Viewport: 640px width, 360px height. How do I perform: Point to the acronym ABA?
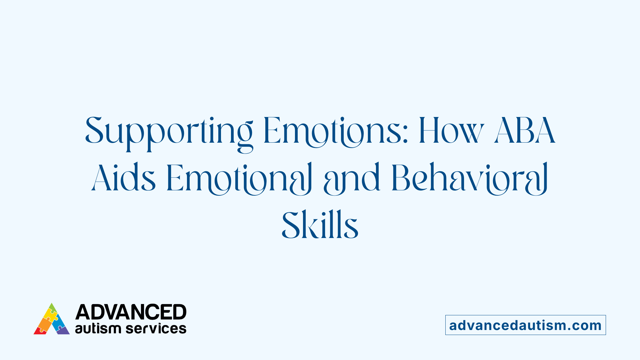point(525,131)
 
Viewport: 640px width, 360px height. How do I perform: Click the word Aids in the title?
point(124,178)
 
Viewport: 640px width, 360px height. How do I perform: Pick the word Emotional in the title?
point(239,178)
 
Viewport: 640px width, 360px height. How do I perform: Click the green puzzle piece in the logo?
point(52,307)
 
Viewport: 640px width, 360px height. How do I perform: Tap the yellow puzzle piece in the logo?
point(51,315)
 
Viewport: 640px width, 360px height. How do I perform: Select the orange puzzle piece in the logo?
point(44,323)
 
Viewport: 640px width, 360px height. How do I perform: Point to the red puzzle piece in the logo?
point(40,331)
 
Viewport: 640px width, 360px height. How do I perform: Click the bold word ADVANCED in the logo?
point(131,312)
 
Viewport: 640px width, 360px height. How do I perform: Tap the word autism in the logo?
point(98,328)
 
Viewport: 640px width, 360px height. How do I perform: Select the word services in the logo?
point(156,329)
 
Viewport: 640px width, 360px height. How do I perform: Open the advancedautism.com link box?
point(525,325)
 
